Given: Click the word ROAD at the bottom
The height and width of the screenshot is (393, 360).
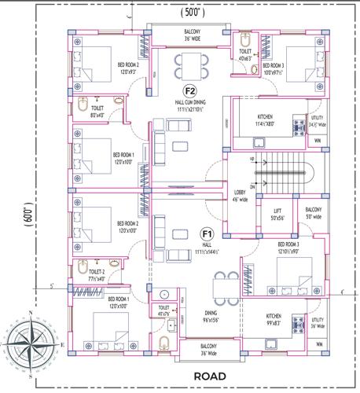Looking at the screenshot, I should pos(210,376).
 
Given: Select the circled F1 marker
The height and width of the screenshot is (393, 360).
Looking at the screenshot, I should pos(208,233).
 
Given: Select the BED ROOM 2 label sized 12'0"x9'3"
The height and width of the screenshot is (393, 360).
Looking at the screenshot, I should pos(128,68).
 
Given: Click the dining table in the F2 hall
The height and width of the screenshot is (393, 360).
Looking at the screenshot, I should pos(190,64).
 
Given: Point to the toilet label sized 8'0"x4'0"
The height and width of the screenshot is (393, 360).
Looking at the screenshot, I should pos(97,112).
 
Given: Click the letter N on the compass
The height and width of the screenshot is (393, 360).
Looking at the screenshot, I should pos(31,313).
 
